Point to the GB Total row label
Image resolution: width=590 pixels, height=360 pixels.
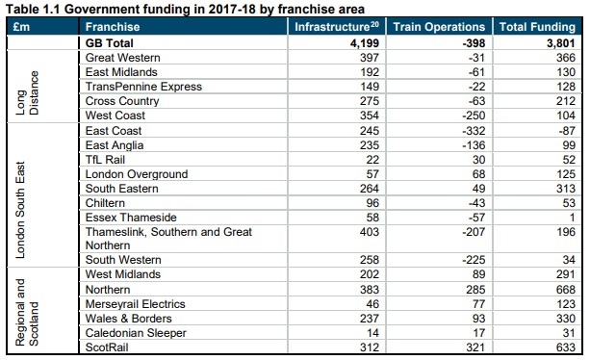(x=115, y=43)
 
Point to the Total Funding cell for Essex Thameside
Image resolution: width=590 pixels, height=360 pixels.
(x=573, y=217)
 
